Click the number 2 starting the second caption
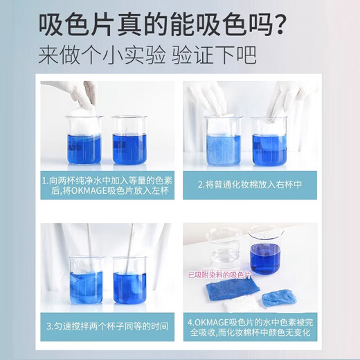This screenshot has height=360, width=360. tap(199, 185)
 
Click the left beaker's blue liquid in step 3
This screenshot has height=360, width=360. tap(86, 286)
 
